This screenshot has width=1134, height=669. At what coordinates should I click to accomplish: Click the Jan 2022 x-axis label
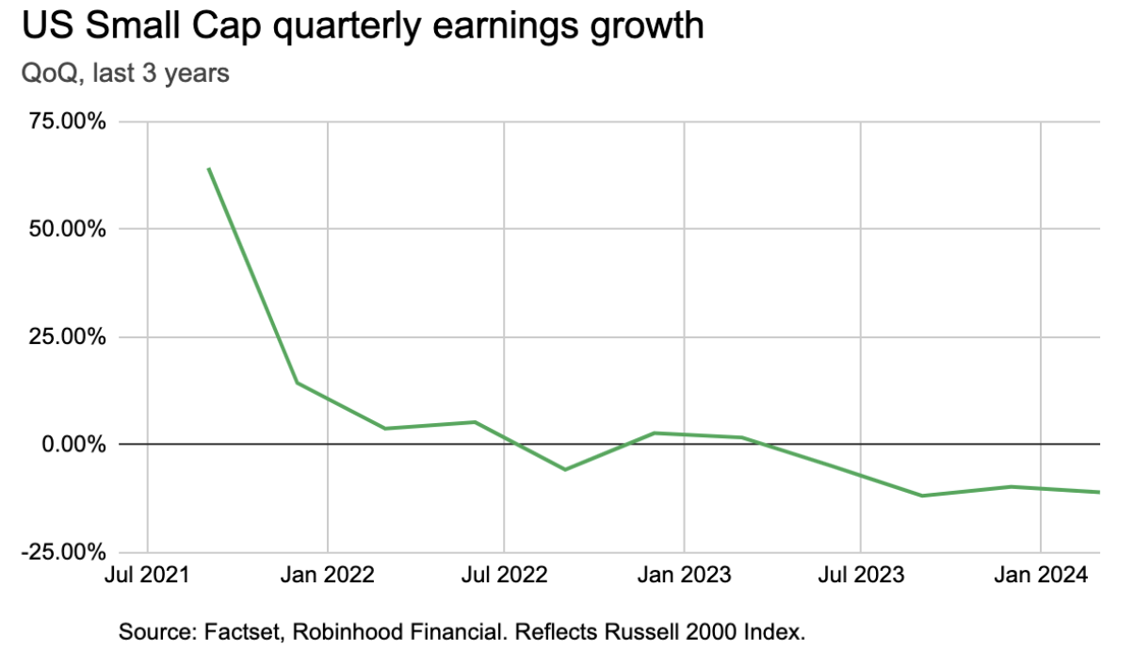point(327,575)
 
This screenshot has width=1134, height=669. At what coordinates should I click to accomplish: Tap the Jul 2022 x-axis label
point(504,575)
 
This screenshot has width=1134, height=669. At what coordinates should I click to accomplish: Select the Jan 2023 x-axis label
point(684,575)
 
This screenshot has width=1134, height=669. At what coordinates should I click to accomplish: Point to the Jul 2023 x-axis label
point(861,575)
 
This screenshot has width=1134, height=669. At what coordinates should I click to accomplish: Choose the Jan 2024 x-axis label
point(1040,575)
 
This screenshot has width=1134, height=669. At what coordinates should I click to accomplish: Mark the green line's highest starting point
point(208,169)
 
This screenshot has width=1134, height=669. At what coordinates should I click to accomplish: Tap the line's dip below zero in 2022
point(564,469)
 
